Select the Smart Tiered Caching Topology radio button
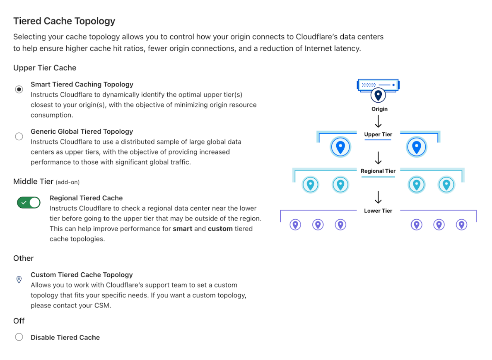point(19,89)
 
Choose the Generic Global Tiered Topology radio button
point(19,137)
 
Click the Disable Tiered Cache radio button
point(19,337)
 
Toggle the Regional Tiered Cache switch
point(29,202)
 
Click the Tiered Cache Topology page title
point(64,21)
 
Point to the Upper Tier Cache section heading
point(45,68)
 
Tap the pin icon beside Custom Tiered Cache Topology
point(19,280)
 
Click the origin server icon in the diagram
point(378,85)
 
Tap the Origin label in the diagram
point(379,109)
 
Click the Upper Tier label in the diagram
point(378,134)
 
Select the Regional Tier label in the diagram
point(378,171)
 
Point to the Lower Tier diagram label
point(378,211)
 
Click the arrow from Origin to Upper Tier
point(378,121)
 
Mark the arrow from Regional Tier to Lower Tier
point(378,197)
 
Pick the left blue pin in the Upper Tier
point(340,147)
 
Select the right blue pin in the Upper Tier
point(417,147)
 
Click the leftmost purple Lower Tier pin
point(295,225)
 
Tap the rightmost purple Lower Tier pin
point(461,225)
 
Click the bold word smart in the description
point(182,229)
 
